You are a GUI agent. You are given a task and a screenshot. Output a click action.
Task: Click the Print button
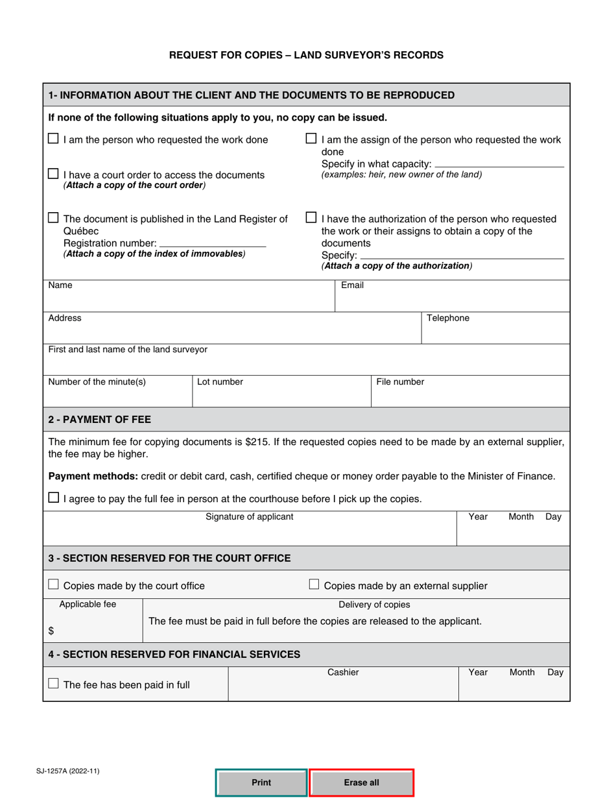(261, 782)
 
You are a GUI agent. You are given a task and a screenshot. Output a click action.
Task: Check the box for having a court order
(54, 174)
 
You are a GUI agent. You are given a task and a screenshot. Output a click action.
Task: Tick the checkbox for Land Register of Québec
(54, 218)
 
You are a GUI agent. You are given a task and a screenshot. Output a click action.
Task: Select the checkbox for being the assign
(311, 139)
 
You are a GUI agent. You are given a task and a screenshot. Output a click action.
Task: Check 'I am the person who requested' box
(54, 139)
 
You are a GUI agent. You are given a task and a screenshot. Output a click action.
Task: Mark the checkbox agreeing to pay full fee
(54, 498)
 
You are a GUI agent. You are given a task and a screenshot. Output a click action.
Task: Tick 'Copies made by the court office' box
(54, 585)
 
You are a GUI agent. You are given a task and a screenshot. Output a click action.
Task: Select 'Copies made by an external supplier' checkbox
(314, 585)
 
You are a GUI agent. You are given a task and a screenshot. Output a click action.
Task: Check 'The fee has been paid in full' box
(54, 684)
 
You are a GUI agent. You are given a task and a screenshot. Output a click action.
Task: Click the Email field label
(352, 285)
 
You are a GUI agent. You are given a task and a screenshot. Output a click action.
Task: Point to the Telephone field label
(447, 318)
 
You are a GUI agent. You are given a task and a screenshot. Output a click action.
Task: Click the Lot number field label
(220, 382)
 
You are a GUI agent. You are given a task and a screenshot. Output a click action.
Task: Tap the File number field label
(400, 382)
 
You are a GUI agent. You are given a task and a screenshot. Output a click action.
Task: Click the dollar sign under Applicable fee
(51, 631)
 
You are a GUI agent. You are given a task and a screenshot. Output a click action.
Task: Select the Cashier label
(343, 673)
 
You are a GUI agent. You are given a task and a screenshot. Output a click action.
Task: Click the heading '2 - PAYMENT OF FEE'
(100, 419)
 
